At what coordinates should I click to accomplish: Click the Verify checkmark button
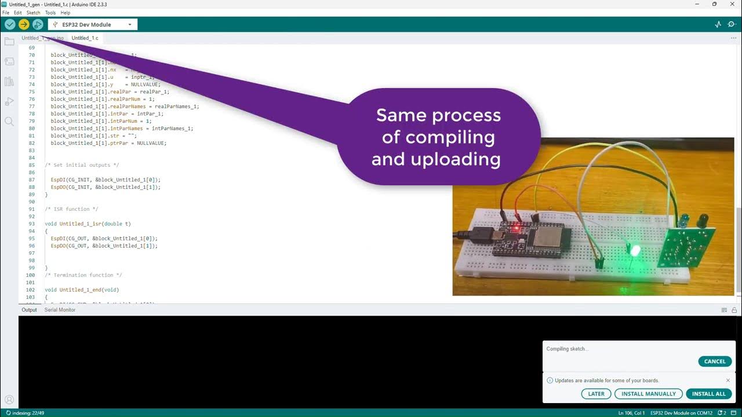tap(10, 24)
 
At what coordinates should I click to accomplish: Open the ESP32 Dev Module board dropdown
tap(92, 24)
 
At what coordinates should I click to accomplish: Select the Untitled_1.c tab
tap(85, 38)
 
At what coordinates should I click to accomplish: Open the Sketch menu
tap(34, 12)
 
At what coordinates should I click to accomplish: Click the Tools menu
tap(50, 12)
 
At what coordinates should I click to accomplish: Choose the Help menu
tap(66, 12)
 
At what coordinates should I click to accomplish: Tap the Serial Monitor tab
tap(60, 310)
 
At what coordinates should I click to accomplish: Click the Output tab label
tap(29, 310)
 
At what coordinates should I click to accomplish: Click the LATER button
tap(596, 394)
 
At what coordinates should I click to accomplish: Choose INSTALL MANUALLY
tap(648, 394)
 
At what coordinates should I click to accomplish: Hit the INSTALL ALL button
tap(708, 394)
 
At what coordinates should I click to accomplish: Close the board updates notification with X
tap(728, 381)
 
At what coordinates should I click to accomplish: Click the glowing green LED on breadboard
tap(634, 251)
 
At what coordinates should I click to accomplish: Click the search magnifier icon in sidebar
tap(9, 121)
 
